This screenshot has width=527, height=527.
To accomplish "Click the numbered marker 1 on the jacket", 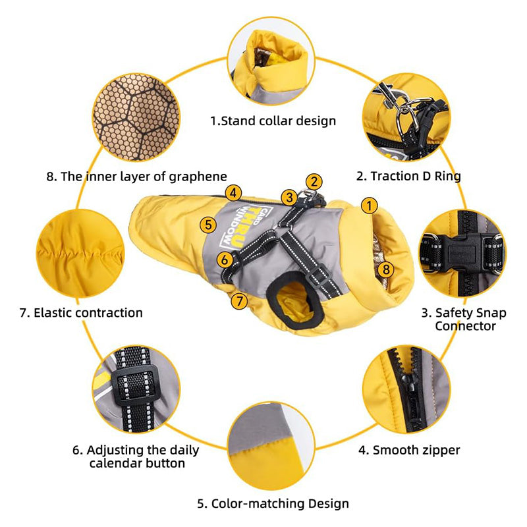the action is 370,206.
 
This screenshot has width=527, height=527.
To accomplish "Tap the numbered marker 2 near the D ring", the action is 314,182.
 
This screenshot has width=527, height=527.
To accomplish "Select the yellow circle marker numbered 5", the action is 208,224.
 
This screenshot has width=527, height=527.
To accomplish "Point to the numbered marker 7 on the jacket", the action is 239,301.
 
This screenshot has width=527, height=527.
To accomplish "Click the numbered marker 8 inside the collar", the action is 386,269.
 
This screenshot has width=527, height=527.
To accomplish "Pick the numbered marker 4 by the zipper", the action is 233,193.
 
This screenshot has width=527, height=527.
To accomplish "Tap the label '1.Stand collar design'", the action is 273,121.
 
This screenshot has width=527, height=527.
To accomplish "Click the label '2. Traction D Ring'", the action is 408,176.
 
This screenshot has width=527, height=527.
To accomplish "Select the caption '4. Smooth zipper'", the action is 409,450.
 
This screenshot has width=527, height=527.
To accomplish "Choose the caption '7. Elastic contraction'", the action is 81,312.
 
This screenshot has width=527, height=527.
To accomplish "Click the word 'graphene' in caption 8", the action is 198,177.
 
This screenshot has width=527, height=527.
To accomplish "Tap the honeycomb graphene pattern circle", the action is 136,117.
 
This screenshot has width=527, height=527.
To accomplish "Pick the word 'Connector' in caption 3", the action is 465,326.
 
